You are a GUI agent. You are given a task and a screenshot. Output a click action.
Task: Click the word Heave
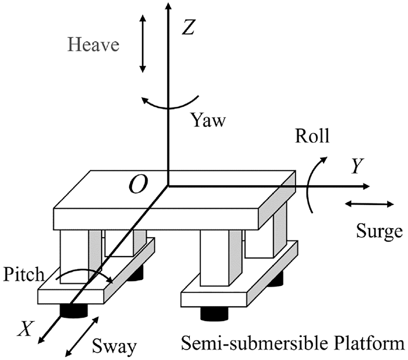93,45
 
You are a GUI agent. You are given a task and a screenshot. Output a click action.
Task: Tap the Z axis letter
188,27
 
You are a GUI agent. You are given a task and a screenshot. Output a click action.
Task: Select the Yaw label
208,120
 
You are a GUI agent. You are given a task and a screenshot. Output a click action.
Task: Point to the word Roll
312,136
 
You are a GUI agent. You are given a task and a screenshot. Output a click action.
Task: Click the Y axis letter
357,166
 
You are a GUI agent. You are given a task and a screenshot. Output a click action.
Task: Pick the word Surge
379,231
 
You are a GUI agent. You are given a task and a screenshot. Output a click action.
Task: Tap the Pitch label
23,274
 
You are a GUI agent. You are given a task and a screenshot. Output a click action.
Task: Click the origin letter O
138,184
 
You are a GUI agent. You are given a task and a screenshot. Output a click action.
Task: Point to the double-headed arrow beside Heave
142,44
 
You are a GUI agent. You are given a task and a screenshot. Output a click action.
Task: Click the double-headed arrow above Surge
369,204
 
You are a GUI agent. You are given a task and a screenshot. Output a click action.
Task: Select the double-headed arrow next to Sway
82,336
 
